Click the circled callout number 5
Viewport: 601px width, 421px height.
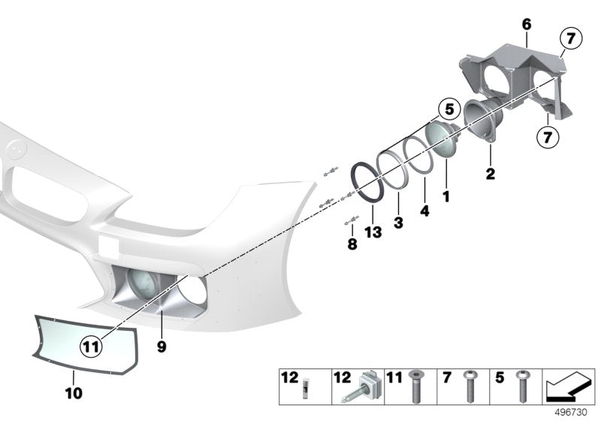coord(449,109)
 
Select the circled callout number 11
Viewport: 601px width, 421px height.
coord(91,347)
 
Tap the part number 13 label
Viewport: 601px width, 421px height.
coord(373,232)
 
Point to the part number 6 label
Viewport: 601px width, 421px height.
coord(527,25)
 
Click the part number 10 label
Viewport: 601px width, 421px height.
coord(74,393)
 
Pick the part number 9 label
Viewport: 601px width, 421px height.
coord(162,347)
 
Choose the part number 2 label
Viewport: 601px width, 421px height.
coord(491,174)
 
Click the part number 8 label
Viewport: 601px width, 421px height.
coord(352,244)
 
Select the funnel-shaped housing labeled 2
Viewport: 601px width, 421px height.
coord(482,120)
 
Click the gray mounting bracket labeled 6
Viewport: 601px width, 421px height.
coord(515,81)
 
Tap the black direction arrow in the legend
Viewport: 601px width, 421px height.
coord(569,386)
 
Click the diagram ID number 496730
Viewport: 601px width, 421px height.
coord(571,413)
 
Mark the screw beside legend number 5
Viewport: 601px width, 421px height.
coord(521,386)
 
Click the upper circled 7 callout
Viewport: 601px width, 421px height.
coord(571,38)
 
